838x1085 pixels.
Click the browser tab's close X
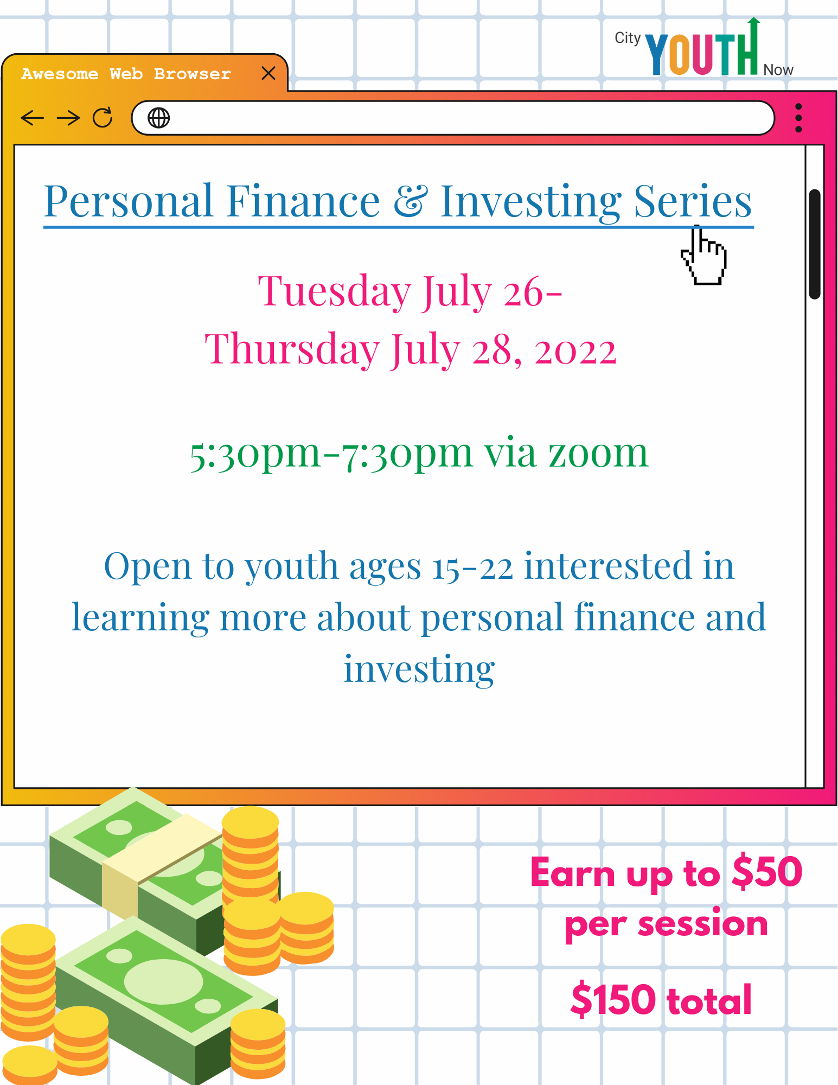[268, 73]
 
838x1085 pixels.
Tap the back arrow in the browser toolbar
[32, 118]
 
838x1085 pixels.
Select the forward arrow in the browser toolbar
[68, 118]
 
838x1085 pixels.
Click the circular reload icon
[103, 117]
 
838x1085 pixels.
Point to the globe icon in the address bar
[158, 118]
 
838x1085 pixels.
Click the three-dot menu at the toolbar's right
[798, 118]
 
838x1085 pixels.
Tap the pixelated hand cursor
[704, 255]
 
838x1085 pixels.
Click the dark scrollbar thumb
[814, 244]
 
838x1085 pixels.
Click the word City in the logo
[628, 38]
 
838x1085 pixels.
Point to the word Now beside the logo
[778, 70]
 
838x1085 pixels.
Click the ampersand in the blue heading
[411, 200]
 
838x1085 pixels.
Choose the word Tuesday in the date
[334, 292]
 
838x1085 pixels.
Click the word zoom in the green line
[598, 453]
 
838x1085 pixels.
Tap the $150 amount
[613, 999]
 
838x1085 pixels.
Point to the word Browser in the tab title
[192, 74]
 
